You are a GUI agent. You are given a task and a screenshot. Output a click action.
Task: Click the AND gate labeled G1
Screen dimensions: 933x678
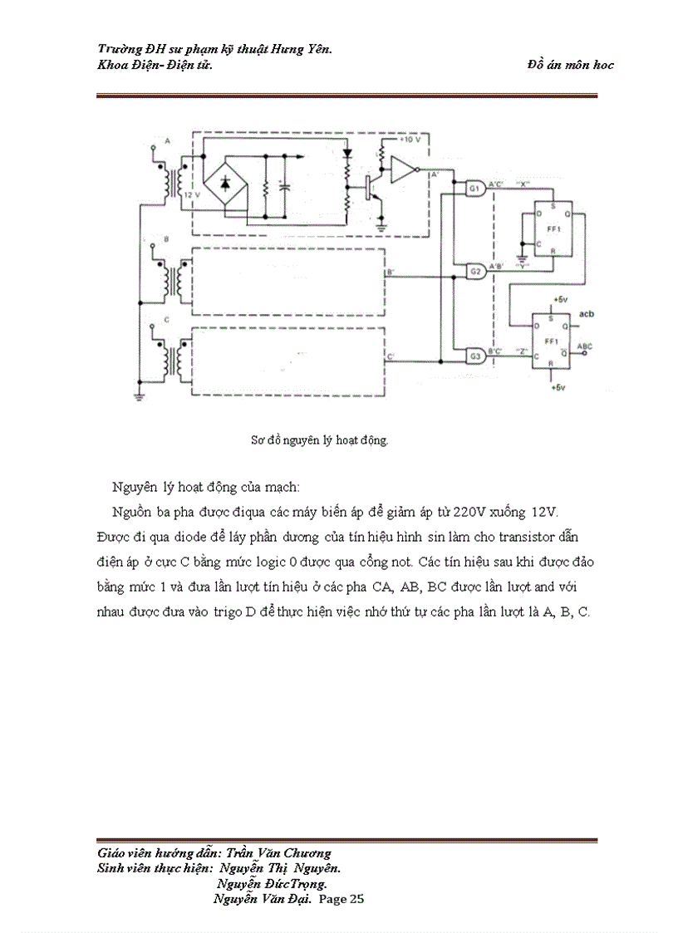click(475, 189)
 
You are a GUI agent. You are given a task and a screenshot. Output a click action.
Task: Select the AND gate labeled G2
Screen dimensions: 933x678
click(475, 271)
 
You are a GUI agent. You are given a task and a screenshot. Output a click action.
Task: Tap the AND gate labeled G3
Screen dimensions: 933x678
click(475, 356)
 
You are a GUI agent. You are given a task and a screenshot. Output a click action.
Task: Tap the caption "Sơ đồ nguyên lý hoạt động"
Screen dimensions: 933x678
click(320, 440)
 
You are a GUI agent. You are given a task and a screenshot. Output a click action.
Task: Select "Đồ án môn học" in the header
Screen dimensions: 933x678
click(570, 65)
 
